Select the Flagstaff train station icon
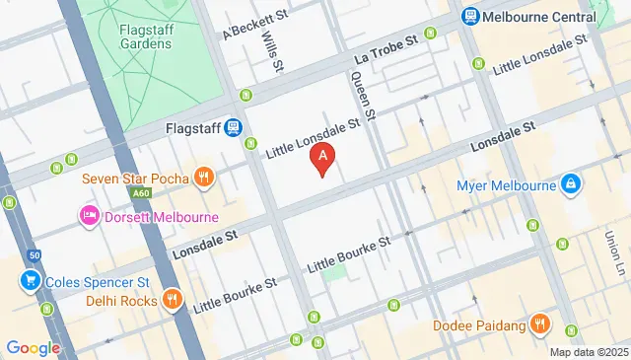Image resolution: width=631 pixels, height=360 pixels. tap(233, 127)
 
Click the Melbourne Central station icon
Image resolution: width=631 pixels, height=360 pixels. tap(469, 16)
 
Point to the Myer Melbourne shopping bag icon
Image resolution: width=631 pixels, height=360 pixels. tap(570, 184)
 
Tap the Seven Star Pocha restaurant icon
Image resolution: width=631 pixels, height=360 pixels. tap(202, 177)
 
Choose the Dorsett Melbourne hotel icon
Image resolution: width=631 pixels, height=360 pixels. tap(90, 216)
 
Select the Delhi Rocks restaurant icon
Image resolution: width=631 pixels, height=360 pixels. tap(172, 299)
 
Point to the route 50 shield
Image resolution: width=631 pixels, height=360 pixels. tap(34, 255)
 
